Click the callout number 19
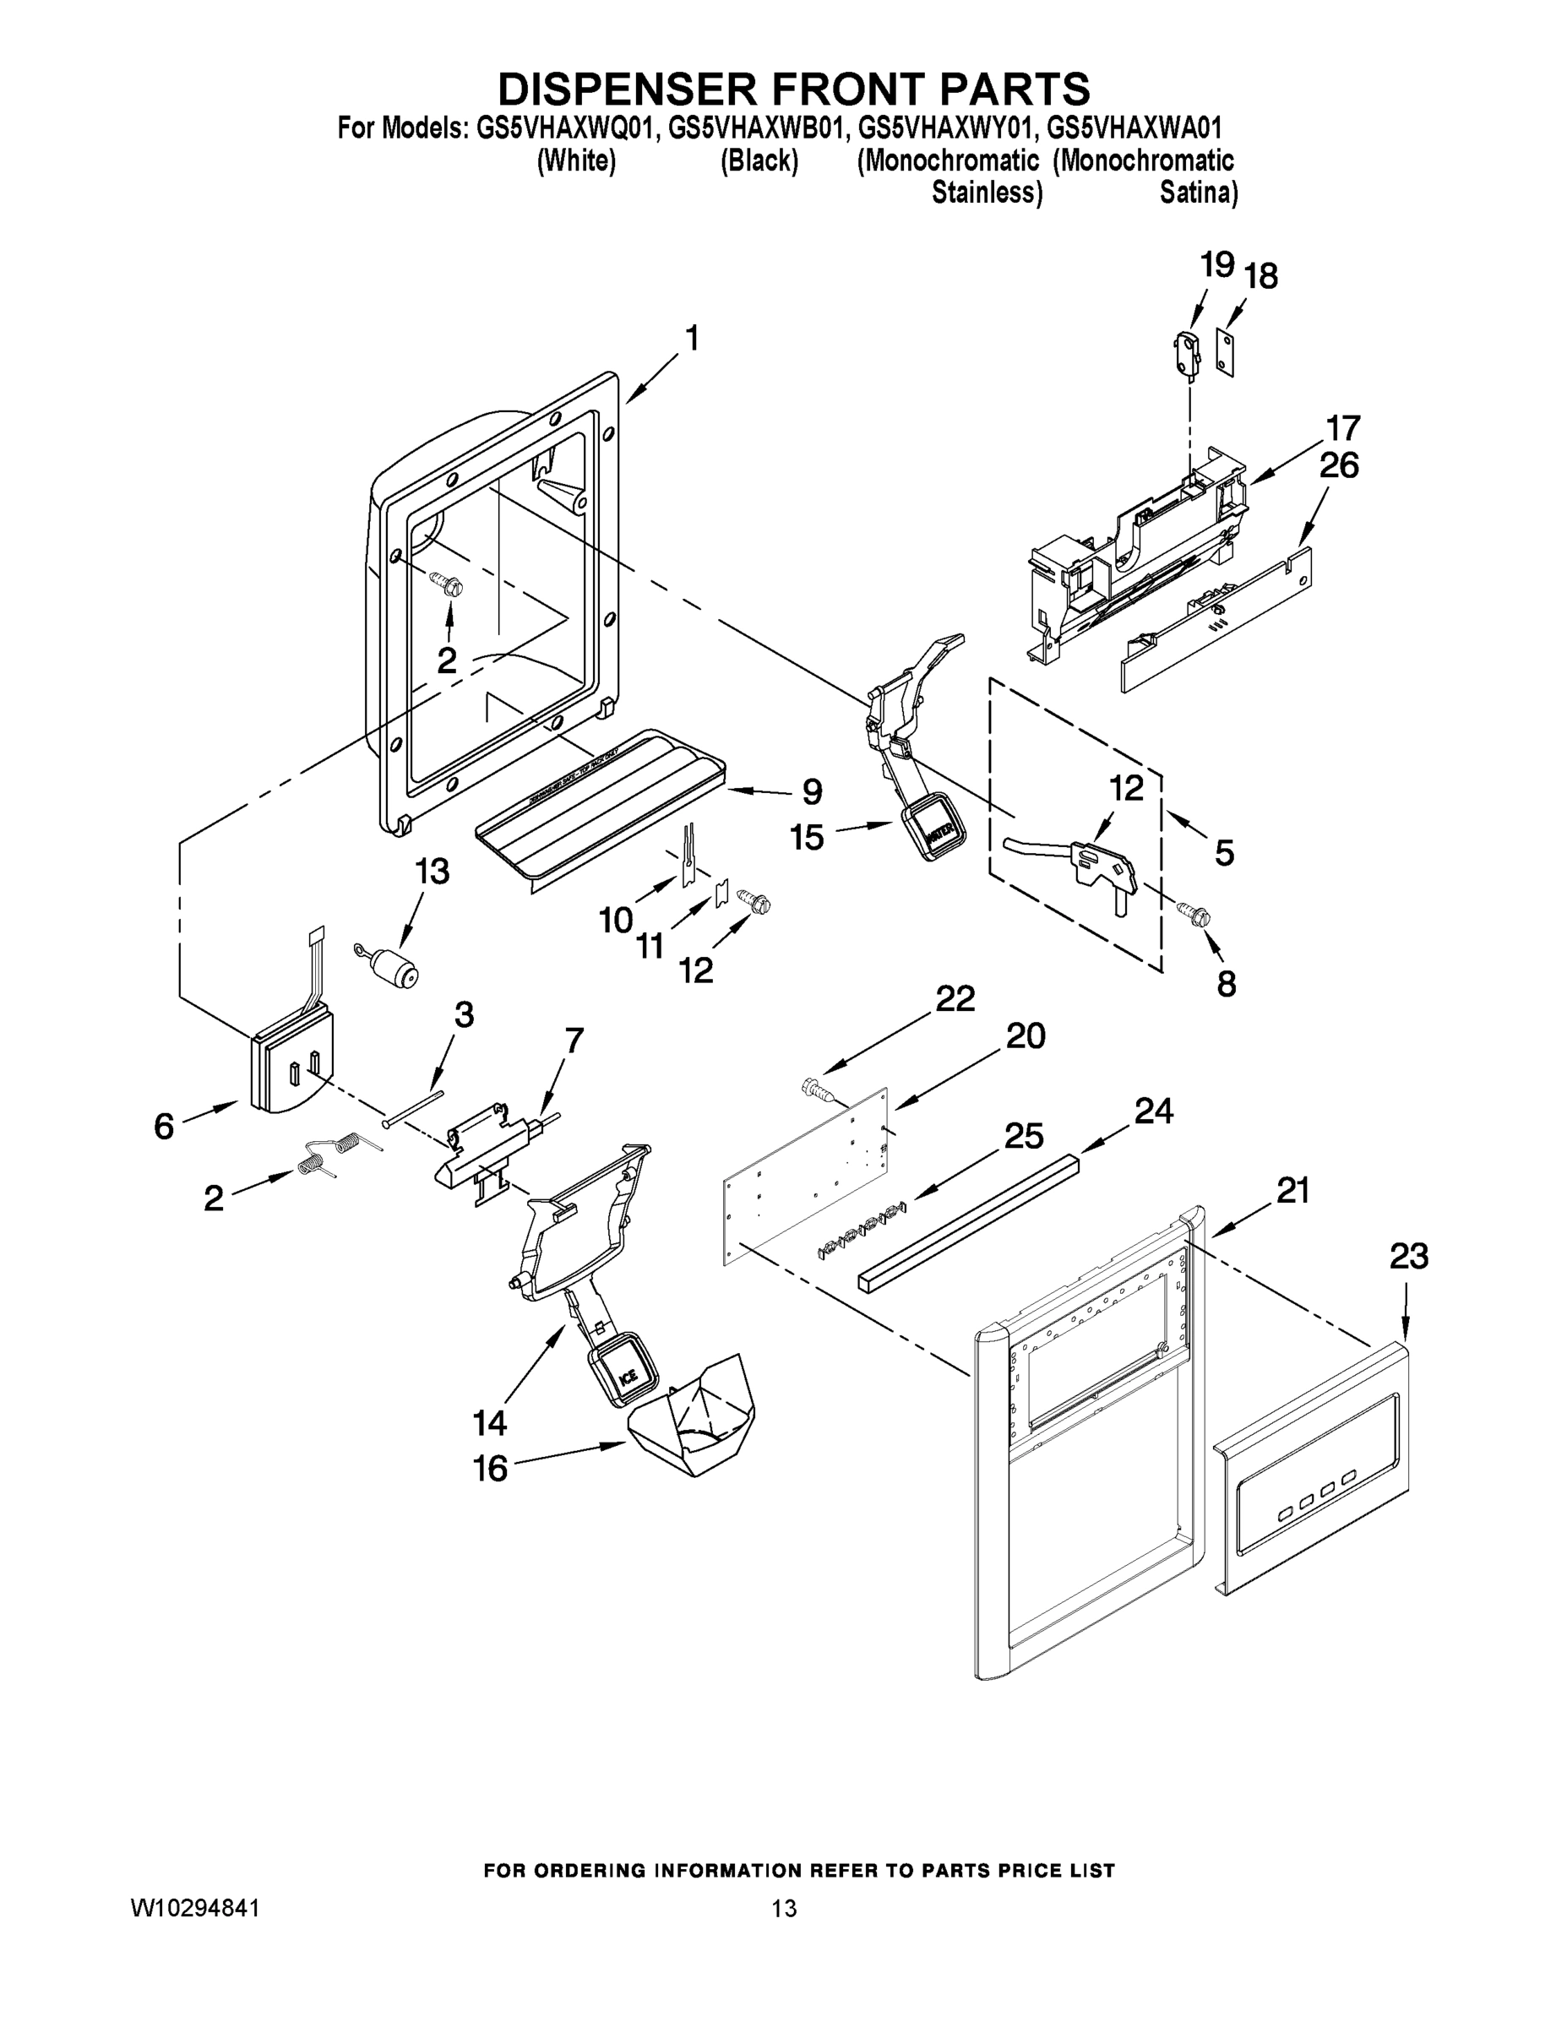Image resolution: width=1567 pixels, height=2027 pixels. (1216, 265)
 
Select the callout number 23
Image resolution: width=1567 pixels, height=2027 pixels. (1408, 1257)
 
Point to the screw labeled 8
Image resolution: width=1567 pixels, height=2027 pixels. (1195, 913)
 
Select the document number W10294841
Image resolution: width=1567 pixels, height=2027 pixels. (194, 1907)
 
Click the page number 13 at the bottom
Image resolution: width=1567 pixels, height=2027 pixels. (784, 1908)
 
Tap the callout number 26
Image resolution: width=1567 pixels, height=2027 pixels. (1338, 465)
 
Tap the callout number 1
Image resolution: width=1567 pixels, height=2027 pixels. (692, 339)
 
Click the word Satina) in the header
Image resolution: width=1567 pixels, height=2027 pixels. (1198, 193)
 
